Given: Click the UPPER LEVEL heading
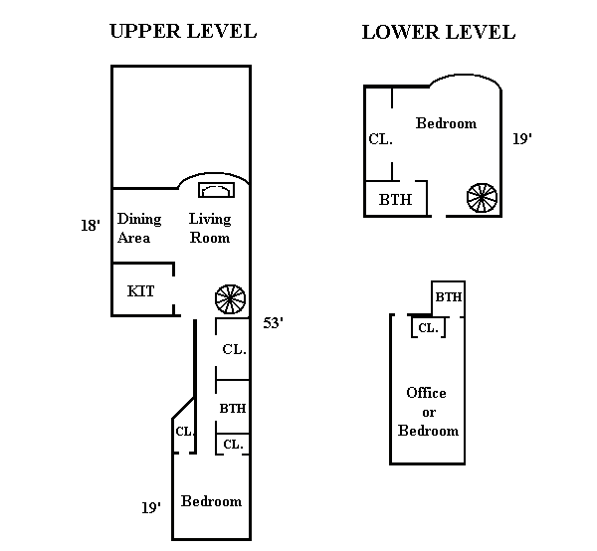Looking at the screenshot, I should click(x=182, y=31).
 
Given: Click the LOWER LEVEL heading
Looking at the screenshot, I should click(x=438, y=32).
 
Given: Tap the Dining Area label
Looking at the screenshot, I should click(x=134, y=229).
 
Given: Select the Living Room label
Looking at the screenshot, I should click(x=210, y=229).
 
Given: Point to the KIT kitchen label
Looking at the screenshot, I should click(x=140, y=291).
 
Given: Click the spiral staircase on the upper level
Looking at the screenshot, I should click(x=230, y=298).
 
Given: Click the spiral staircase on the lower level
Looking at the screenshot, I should click(x=482, y=198).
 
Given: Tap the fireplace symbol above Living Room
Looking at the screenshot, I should click(x=214, y=190).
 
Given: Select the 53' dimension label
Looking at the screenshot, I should click(x=275, y=323).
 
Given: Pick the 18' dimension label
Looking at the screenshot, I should click(x=91, y=226).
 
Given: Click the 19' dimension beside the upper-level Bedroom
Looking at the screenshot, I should click(x=150, y=507).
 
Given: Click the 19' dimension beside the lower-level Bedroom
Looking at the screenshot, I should click(x=522, y=139).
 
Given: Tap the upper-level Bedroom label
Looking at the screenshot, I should click(x=211, y=501).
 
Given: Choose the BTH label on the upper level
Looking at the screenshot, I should click(x=233, y=408).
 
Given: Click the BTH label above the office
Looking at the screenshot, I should click(x=449, y=296).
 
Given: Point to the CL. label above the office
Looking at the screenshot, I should click(x=427, y=327).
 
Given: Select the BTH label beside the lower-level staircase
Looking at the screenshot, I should click(x=395, y=199).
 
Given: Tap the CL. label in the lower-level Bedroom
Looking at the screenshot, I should click(x=381, y=139).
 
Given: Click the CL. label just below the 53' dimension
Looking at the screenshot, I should click(x=235, y=349).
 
